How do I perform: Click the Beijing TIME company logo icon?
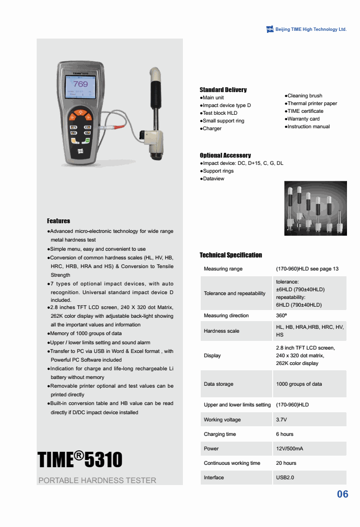270,29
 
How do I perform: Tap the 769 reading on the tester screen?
81,84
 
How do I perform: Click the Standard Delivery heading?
223,90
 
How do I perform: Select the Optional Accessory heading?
225,155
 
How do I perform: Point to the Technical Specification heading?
231,255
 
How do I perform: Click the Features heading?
58,221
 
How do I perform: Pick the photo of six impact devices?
315,208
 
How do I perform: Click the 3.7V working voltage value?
281,419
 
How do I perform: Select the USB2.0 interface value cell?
285,477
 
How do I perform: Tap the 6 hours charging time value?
285,434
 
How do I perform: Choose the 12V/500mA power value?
290,448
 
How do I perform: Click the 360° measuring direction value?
282,315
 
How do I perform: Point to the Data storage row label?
219,384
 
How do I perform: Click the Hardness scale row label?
222,331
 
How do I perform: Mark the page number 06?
342,494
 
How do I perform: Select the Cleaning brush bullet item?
304,95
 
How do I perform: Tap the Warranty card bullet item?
303,119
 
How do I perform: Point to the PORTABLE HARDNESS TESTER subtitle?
97,480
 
